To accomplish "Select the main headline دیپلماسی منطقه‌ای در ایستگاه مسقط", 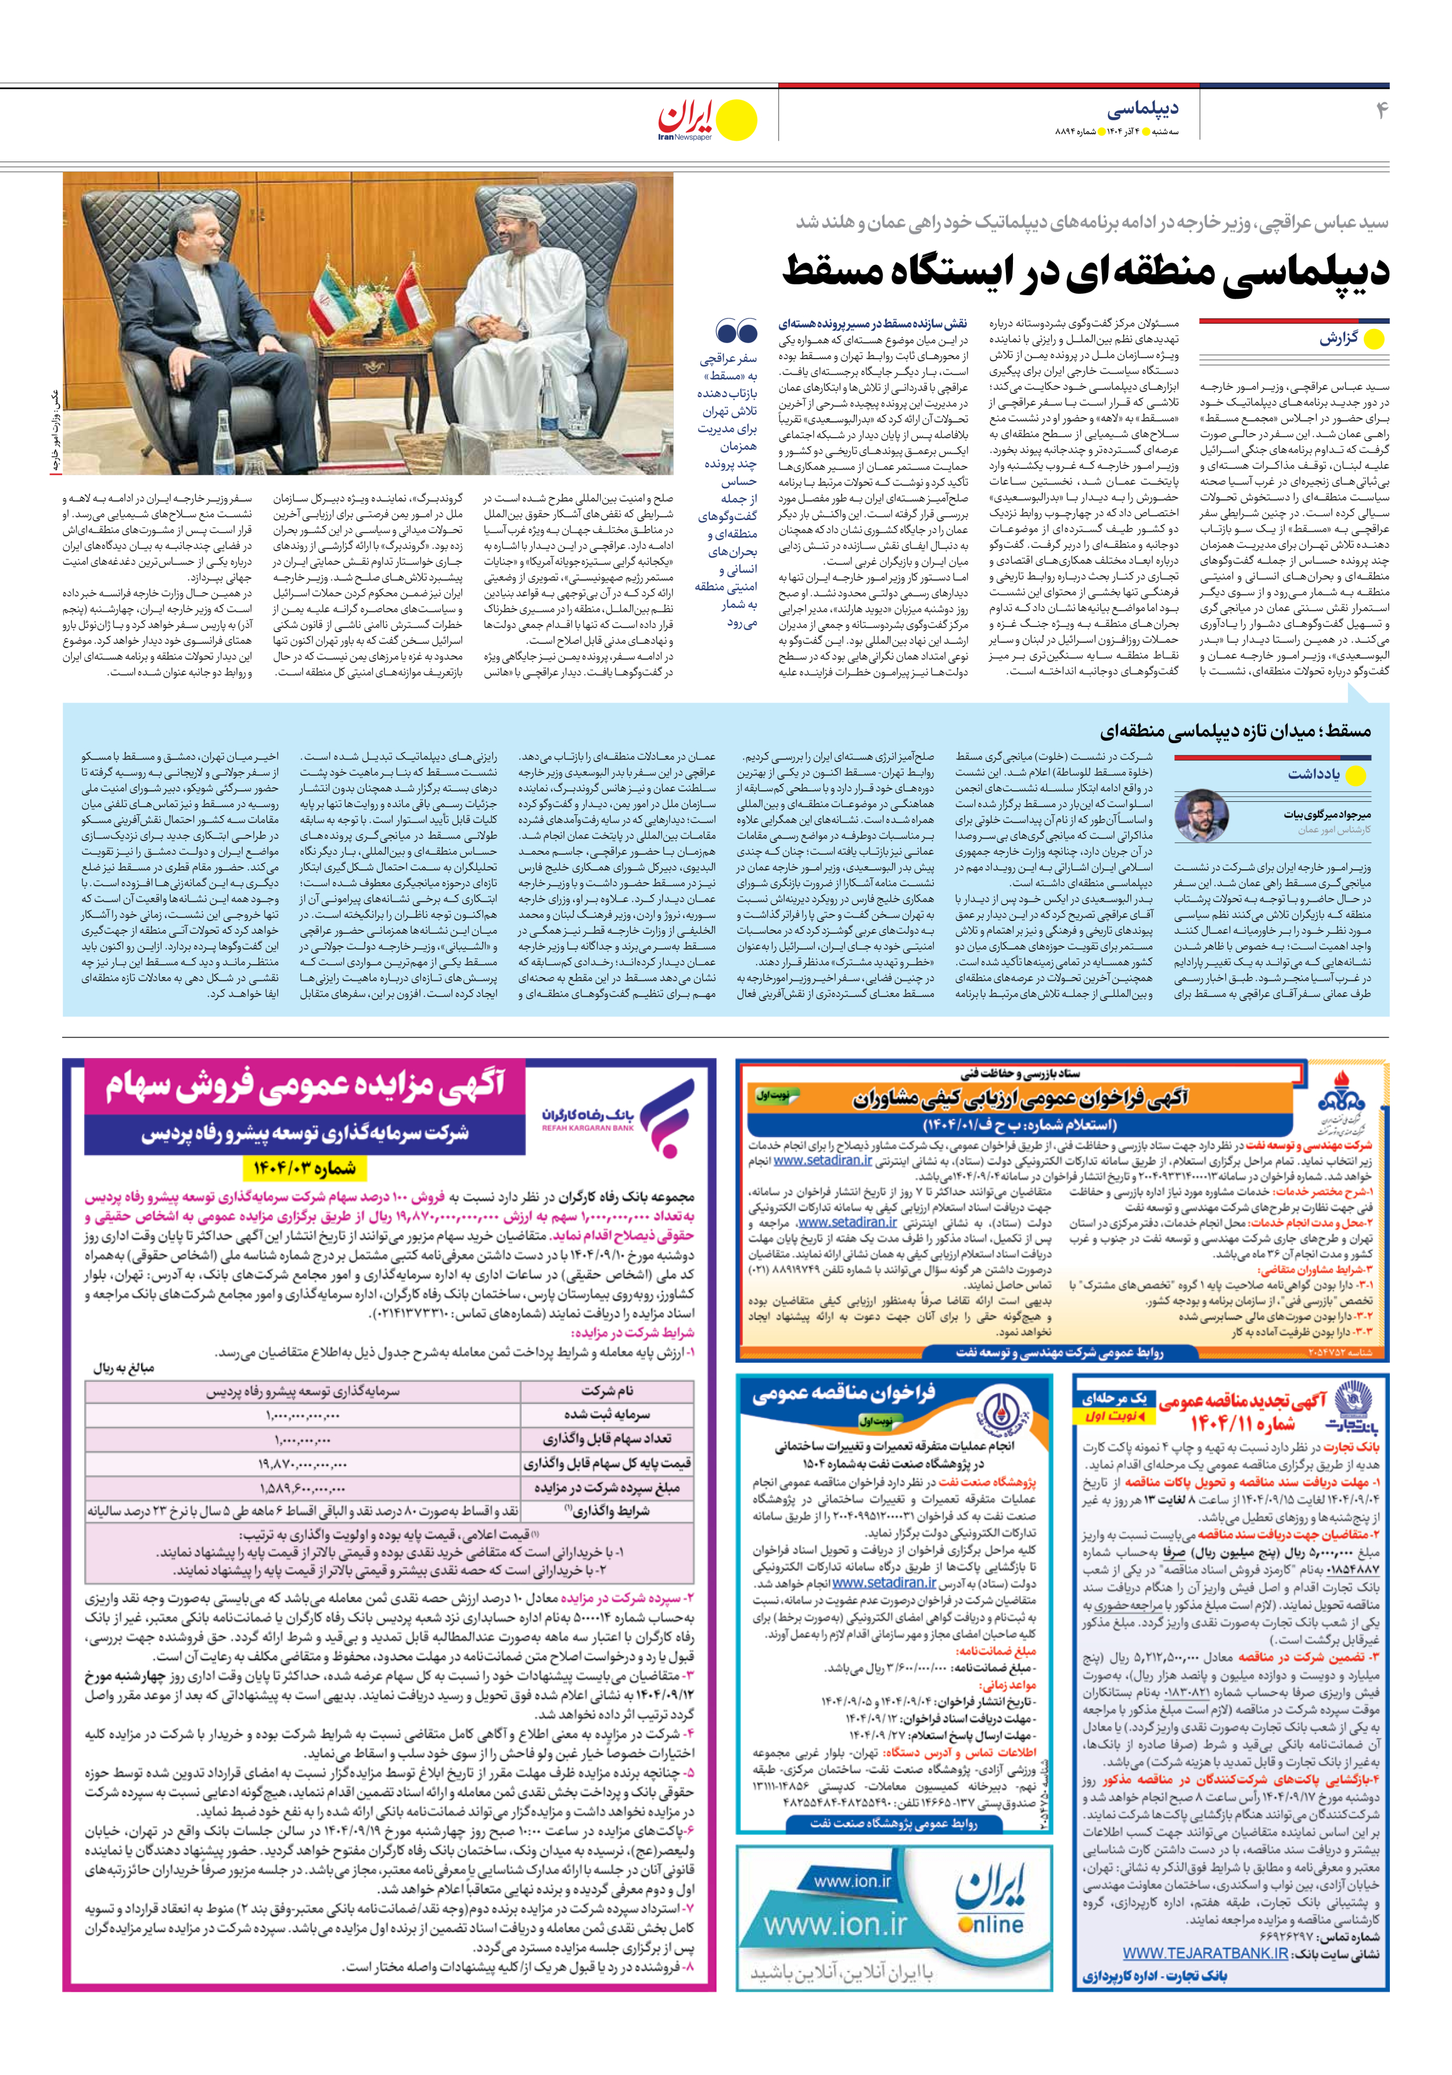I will tap(1085, 270).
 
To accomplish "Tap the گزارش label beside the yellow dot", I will tap(1337, 340).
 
